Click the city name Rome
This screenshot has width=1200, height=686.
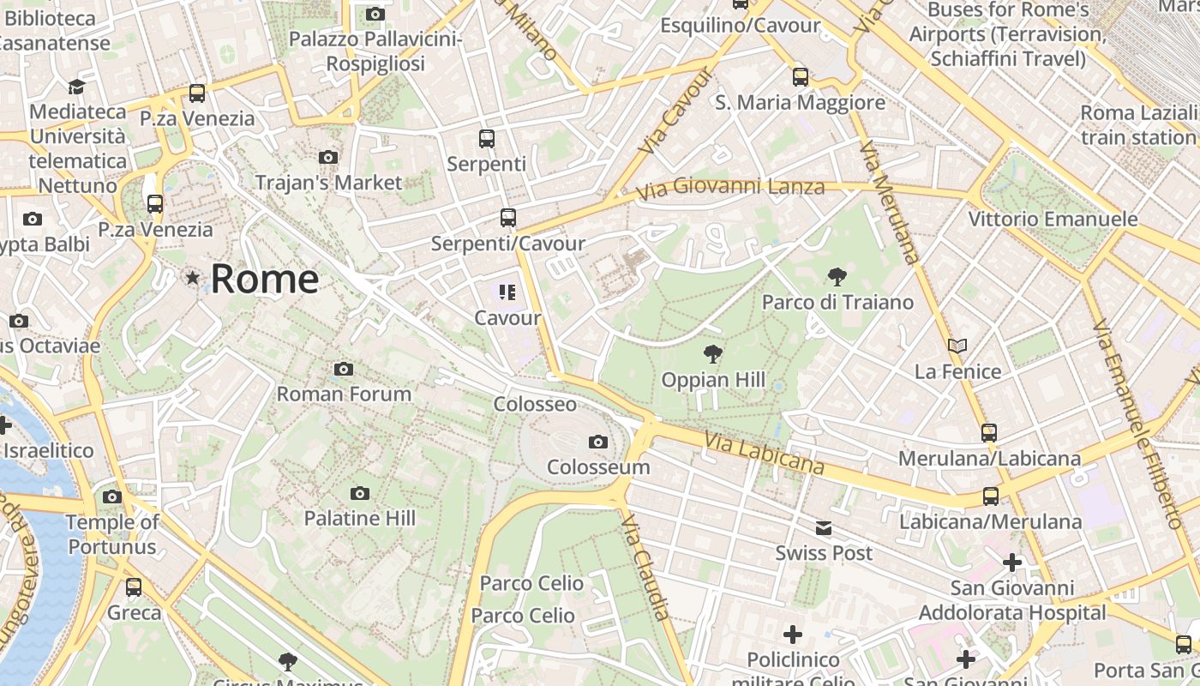tap(264, 280)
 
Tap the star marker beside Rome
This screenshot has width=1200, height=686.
tap(193, 278)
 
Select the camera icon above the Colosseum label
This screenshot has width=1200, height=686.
tap(598, 442)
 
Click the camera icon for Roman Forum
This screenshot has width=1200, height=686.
tap(344, 370)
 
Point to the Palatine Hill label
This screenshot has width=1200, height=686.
tap(360, 518)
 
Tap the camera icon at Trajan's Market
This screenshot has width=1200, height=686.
tap(328, 158)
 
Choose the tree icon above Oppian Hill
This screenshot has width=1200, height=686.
tap(712, 353)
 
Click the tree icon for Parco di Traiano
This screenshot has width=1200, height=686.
tap(837, 277)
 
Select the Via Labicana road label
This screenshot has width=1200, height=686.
tap(764, 454)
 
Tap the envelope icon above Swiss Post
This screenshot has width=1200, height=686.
tap(824, 528)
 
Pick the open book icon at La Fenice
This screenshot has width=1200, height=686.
tap(957, 346)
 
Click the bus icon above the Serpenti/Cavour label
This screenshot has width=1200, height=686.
tap(508, 218)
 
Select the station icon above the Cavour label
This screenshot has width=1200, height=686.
tap(507, 293)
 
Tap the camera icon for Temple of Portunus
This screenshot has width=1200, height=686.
tap(112, 497)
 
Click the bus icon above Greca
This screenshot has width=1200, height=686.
tap(134, 587)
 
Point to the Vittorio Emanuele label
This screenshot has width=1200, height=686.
tap(1053, 220)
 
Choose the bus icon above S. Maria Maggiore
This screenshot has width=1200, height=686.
tap(801, 77)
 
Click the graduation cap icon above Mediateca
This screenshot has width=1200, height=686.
tap(76, 87)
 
